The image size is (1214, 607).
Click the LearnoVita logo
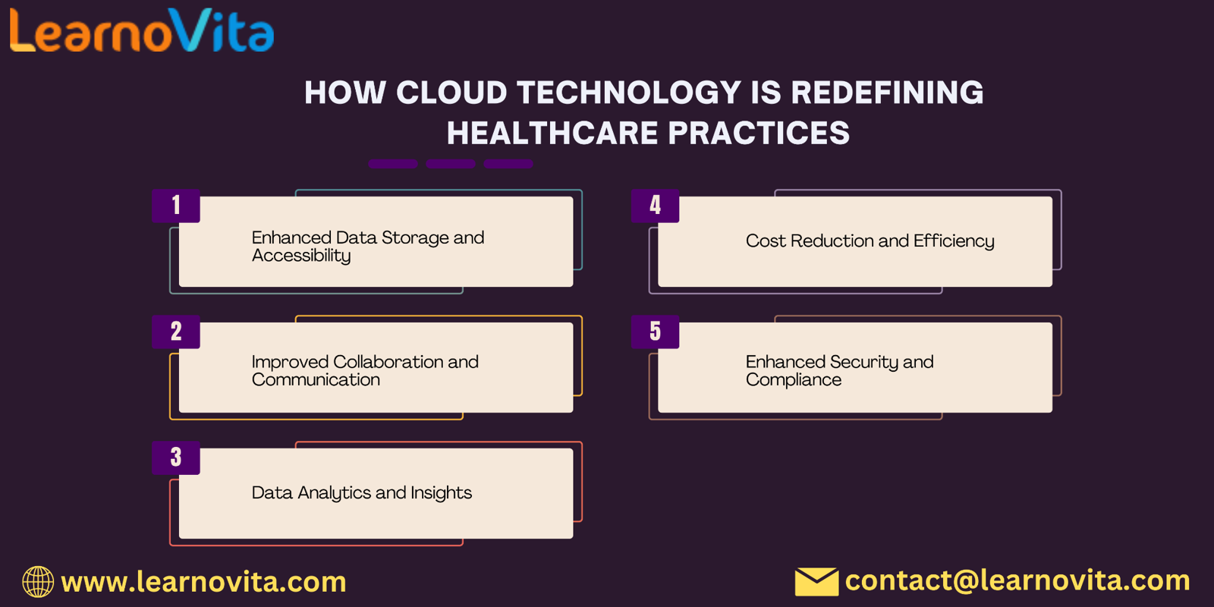click(x=142, y=30)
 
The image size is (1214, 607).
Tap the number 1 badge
click(x=176, y=206)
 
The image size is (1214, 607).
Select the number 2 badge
click(x=176, y=332)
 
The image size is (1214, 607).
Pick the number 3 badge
click(x=176, y=458)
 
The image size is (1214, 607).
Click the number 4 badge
click(x=656, y=206)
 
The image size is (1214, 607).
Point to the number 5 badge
click(x=656, y=332)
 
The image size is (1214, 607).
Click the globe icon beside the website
click(x=38, y=581)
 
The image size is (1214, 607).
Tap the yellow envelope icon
click(x=816, y=581)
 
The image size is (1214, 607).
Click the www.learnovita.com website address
click(x=204, y=582)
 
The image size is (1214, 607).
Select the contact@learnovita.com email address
click(x=1017, y=580)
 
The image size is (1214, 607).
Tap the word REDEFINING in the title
click(x=887, y=93)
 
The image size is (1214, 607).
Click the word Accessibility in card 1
click(x=301, y=256)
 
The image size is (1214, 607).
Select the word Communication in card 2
click(x=316, y=380)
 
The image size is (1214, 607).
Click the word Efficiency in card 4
click(x=954, y=241)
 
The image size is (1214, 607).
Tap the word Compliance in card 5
click(x=794, y=380)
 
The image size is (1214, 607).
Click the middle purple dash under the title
click(x=451, y=164)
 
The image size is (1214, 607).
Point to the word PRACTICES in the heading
click(x=759, y=134)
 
